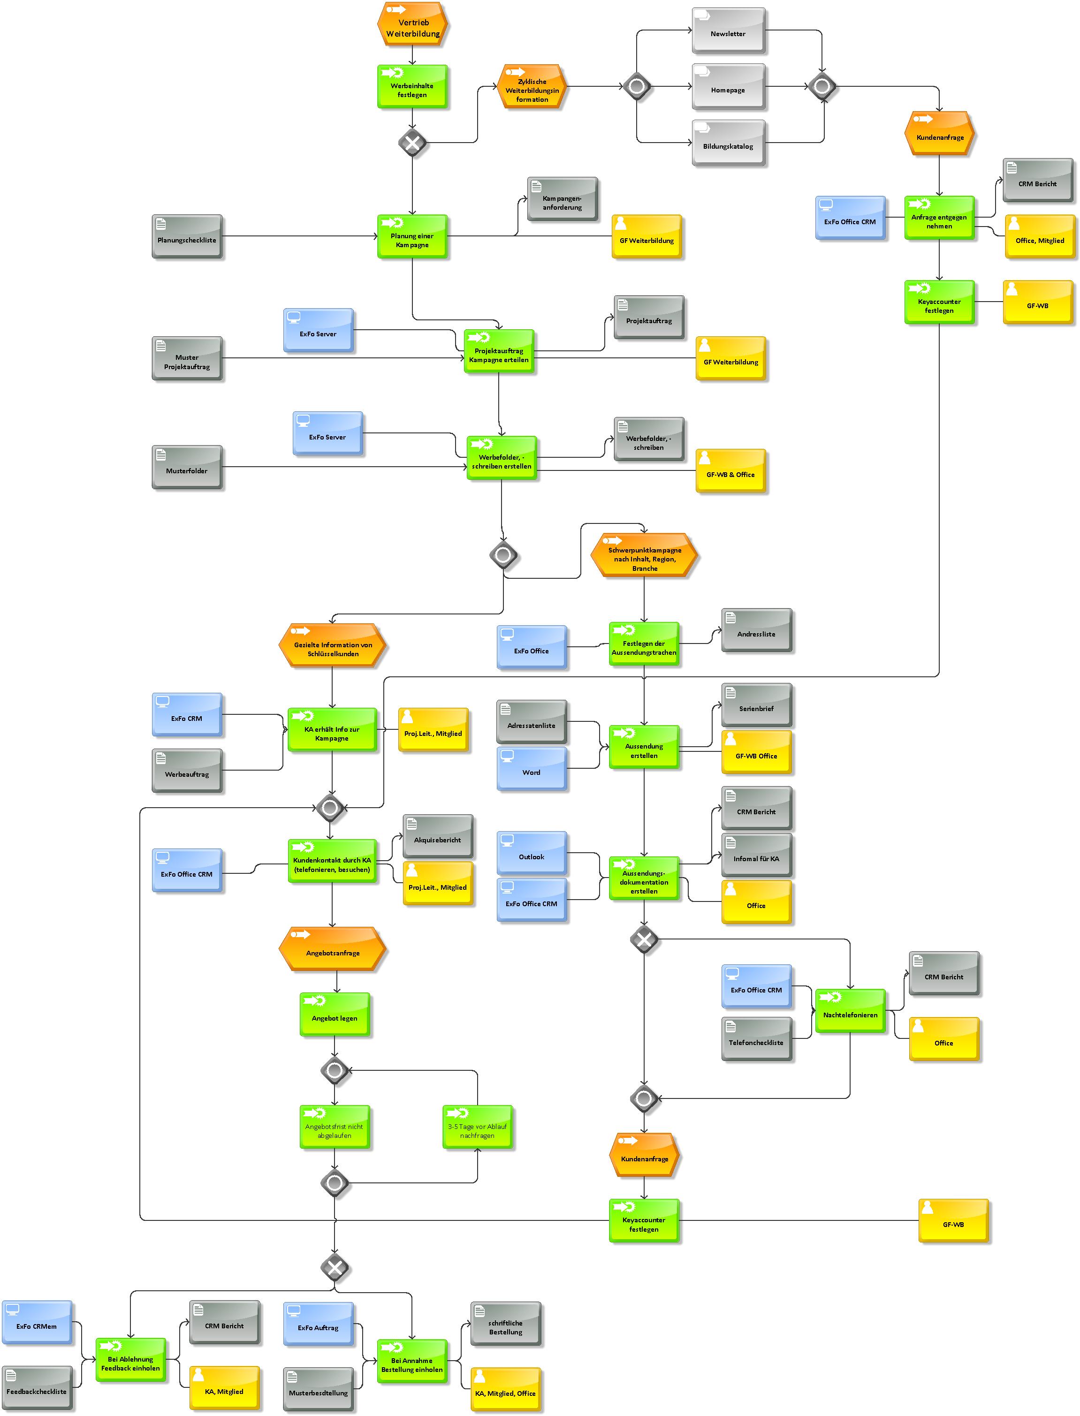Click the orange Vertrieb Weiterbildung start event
pos(412,24)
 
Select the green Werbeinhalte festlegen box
pos(412,87)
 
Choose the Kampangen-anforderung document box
pos(563,199)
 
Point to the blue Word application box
pos(532,768)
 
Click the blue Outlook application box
pos(532,853)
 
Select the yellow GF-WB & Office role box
pos(731,471)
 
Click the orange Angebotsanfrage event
pos(332,949)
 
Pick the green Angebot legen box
pos(335,1014)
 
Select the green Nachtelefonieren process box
pos(851,1011)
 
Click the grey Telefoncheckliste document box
pos(757,1039)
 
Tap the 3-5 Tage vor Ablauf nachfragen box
pos(478,1127)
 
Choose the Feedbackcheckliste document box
pos(37,1388)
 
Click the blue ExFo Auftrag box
pos(318,1324)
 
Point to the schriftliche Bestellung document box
pos(506,1324)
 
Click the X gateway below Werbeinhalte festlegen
pos(412,143)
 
